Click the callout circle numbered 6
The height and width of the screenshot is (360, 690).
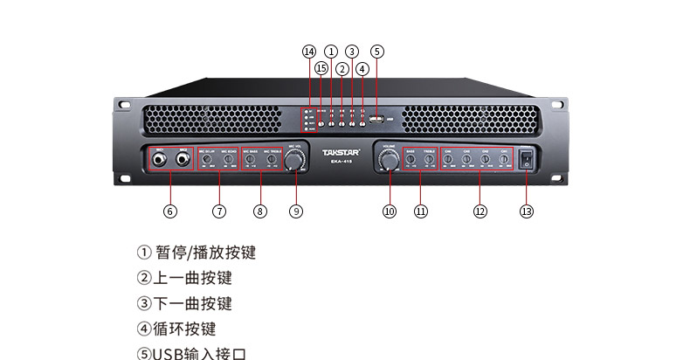pyautogui.click(x=170, y=211)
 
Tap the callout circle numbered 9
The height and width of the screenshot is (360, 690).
pyautogui.click(x=296, y=211)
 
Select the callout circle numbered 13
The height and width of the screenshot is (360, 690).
pyautogui.click(x=526, y=211)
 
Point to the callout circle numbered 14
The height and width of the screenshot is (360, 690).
pyautogui.click(x=308, y=52)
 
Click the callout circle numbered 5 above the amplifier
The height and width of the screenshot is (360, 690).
pyautogui.click(x=376, y=52)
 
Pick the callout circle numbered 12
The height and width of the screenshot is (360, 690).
pyautogui.click(x=480, y=211)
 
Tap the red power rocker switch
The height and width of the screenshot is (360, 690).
pyautogui.click(x=526, y=159)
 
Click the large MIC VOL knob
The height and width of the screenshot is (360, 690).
pyautogui.click(x=296, y=160)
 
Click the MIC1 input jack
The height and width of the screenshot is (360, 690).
pyautogui.click(x=161, y=160)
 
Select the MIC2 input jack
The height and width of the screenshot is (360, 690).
pyautogui.click(x=183, y=160)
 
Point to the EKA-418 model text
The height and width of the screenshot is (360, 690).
pyautogui.click(x=342, y=162)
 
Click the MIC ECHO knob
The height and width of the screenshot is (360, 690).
pyautogui.click(x=228, y=159)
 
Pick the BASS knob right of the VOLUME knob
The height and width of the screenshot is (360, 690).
pyautogui.click(x=411, y=159)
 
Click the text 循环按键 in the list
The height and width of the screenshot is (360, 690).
pyautogui.click(x=184, y=329)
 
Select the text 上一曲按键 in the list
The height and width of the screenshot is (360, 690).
pyautogui.click(x=192, y=279)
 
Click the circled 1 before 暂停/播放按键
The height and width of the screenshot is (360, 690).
pyautogui.click(x=144, y=253)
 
